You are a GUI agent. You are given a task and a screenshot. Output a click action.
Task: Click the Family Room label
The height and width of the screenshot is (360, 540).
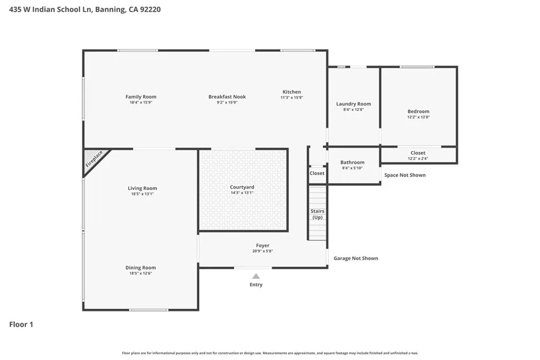tap(141, 96)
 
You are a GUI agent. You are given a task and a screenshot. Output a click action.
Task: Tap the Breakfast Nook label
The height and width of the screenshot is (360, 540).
tap(227, 96)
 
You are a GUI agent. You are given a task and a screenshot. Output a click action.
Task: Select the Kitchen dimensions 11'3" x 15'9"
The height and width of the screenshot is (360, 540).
tap(292, 98)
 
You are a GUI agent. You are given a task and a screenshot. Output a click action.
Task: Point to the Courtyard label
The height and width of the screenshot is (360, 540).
tap(242, 187)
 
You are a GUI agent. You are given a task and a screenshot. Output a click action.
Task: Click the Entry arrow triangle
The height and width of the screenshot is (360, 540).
tap(256, 276)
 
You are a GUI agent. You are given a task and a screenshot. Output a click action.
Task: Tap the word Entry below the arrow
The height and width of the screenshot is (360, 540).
tap(256, 285)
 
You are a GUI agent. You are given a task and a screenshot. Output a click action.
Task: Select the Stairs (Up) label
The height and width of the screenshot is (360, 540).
tap(317, 214)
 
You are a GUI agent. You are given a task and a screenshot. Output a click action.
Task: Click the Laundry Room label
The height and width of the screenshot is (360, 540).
tap(354, 104)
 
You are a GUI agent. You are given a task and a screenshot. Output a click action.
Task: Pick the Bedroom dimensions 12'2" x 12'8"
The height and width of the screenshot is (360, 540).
tap(418, 117)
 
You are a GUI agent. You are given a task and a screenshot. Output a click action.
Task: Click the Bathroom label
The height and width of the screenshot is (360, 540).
tap(352, 162)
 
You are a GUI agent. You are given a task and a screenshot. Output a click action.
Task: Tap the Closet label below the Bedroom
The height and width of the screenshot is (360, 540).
tap(418, 153)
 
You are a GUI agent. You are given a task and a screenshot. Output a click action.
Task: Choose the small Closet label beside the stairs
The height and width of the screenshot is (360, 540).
tap(317, 173)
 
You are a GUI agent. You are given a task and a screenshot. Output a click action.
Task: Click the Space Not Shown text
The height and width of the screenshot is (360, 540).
tap(405, 175)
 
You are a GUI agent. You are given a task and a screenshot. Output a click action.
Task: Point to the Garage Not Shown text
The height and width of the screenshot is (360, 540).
tap(356, 258)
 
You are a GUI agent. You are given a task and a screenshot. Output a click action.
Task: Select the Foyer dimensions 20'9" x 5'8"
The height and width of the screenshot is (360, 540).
tap(263, 251)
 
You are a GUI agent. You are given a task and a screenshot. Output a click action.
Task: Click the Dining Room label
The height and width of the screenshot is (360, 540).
tap(140, 267)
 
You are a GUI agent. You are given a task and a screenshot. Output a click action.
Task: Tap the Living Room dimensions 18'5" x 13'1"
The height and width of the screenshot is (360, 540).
tap(142, 194)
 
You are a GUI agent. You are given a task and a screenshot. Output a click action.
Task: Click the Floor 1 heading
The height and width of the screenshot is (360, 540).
tap(21, 324)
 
